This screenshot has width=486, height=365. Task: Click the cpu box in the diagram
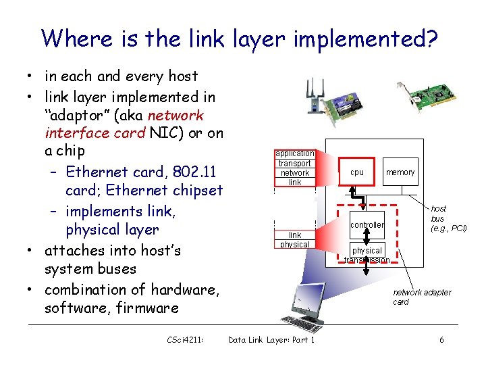[x=357, y=172]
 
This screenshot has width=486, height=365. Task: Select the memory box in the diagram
[x=400, y=172]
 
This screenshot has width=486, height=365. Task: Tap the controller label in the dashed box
[x=367, y=224]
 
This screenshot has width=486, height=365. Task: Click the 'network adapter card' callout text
[x=422, y=297]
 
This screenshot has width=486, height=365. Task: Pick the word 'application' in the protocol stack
[x=295, y=153]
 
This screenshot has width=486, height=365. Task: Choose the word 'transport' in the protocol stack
[x=295, y=163]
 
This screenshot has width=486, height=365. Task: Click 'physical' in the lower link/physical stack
[x=295, y=245]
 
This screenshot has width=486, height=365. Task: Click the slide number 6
[x=441, y=340]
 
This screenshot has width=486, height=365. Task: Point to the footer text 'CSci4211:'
[x=186, y=340]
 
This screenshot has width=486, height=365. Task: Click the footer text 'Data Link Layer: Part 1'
[x=271, y=340]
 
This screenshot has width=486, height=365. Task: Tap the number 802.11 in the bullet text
[x=194, y=171]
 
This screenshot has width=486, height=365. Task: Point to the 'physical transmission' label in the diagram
[x=367, y=255]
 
